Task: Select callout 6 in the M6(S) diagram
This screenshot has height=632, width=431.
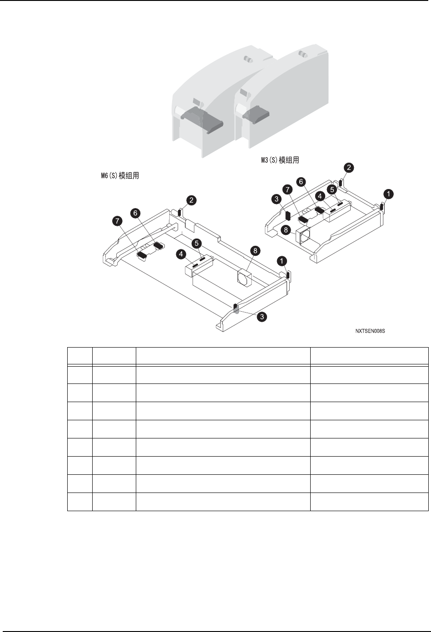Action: point(134,212)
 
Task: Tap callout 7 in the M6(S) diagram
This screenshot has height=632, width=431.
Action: point(117,221)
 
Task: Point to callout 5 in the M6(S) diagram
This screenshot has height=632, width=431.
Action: point(198,243)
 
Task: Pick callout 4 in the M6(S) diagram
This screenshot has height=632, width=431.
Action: point(181,255)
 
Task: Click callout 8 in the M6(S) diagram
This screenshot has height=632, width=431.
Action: point(256,250)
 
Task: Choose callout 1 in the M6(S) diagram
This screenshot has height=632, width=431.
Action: point(282,261)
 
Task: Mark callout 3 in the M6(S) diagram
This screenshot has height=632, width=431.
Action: point(262,317)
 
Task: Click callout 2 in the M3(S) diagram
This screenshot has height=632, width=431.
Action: point(348,167)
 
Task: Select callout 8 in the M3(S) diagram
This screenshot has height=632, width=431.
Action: point(286,230)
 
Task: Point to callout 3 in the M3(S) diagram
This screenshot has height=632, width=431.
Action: point(275,199)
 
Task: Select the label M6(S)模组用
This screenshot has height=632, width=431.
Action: point(120,175)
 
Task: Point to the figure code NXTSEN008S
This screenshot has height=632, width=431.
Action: point(370,331)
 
